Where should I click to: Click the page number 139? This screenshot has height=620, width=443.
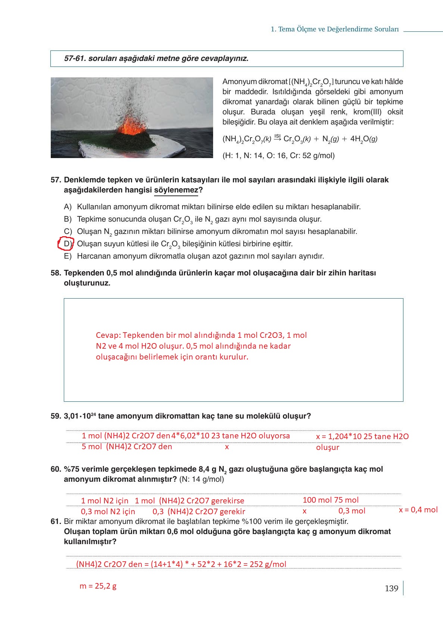391,589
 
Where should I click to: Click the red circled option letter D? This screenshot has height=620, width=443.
67,244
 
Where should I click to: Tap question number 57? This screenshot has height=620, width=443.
56,180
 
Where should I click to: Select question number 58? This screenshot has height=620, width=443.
56,273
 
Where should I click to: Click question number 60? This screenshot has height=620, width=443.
56,469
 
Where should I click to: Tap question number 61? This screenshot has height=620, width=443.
56,521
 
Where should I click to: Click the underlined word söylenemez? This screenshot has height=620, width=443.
176,190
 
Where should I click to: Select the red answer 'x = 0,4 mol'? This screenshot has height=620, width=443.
418,510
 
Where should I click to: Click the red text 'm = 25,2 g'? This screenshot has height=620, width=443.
98,586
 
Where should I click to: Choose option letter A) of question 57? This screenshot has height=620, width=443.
68,207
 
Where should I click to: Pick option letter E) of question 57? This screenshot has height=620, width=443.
68,256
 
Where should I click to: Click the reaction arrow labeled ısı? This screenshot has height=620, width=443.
277,138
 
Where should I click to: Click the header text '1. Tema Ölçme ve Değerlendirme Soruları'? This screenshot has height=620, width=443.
335,30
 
